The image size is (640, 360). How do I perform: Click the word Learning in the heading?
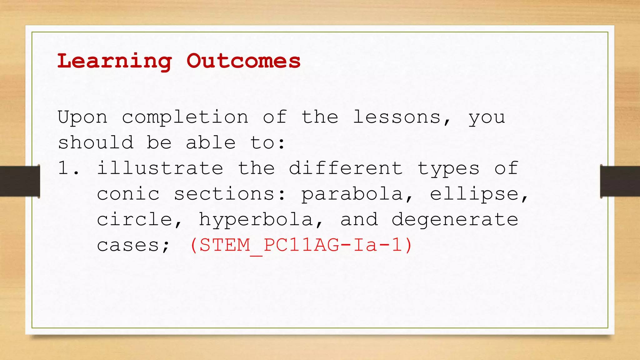pyautogui.click(x=114, y=61)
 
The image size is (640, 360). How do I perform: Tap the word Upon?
pyautogui.click(x=82, y=118)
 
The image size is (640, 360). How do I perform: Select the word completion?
pyautogui.click(x=185, y=118)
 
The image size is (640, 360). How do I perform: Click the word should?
pyautogui.click(x=96, y=143)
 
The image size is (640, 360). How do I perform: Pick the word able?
pyautogui.click(x=211, y=143)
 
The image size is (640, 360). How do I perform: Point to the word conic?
pyautogui.click(x=128, y=194)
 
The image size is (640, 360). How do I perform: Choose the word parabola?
pyautogui.click(x=352, y=195)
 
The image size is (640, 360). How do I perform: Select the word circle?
pyautogui.click(x=135, y=219)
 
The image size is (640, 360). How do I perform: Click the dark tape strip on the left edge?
pyautogui.click(x=19, y=181)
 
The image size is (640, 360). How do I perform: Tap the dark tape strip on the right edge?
pyautogui.click(x=620, y=181)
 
